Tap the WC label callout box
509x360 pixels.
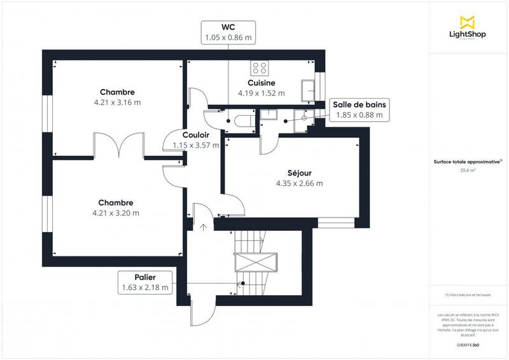click(228, 32)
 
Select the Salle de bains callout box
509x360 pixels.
click(359, 109)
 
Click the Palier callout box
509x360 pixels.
click(145, 282)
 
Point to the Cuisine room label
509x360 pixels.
click(261, 83)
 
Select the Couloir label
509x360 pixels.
click(196, 135)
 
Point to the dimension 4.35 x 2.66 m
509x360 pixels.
click(299, 183)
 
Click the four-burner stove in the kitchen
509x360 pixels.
click(259, 67)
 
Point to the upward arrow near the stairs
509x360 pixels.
click(203, 226)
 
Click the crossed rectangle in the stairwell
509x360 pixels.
click(263, 261)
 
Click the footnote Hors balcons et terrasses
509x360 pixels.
click(468, 294)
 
